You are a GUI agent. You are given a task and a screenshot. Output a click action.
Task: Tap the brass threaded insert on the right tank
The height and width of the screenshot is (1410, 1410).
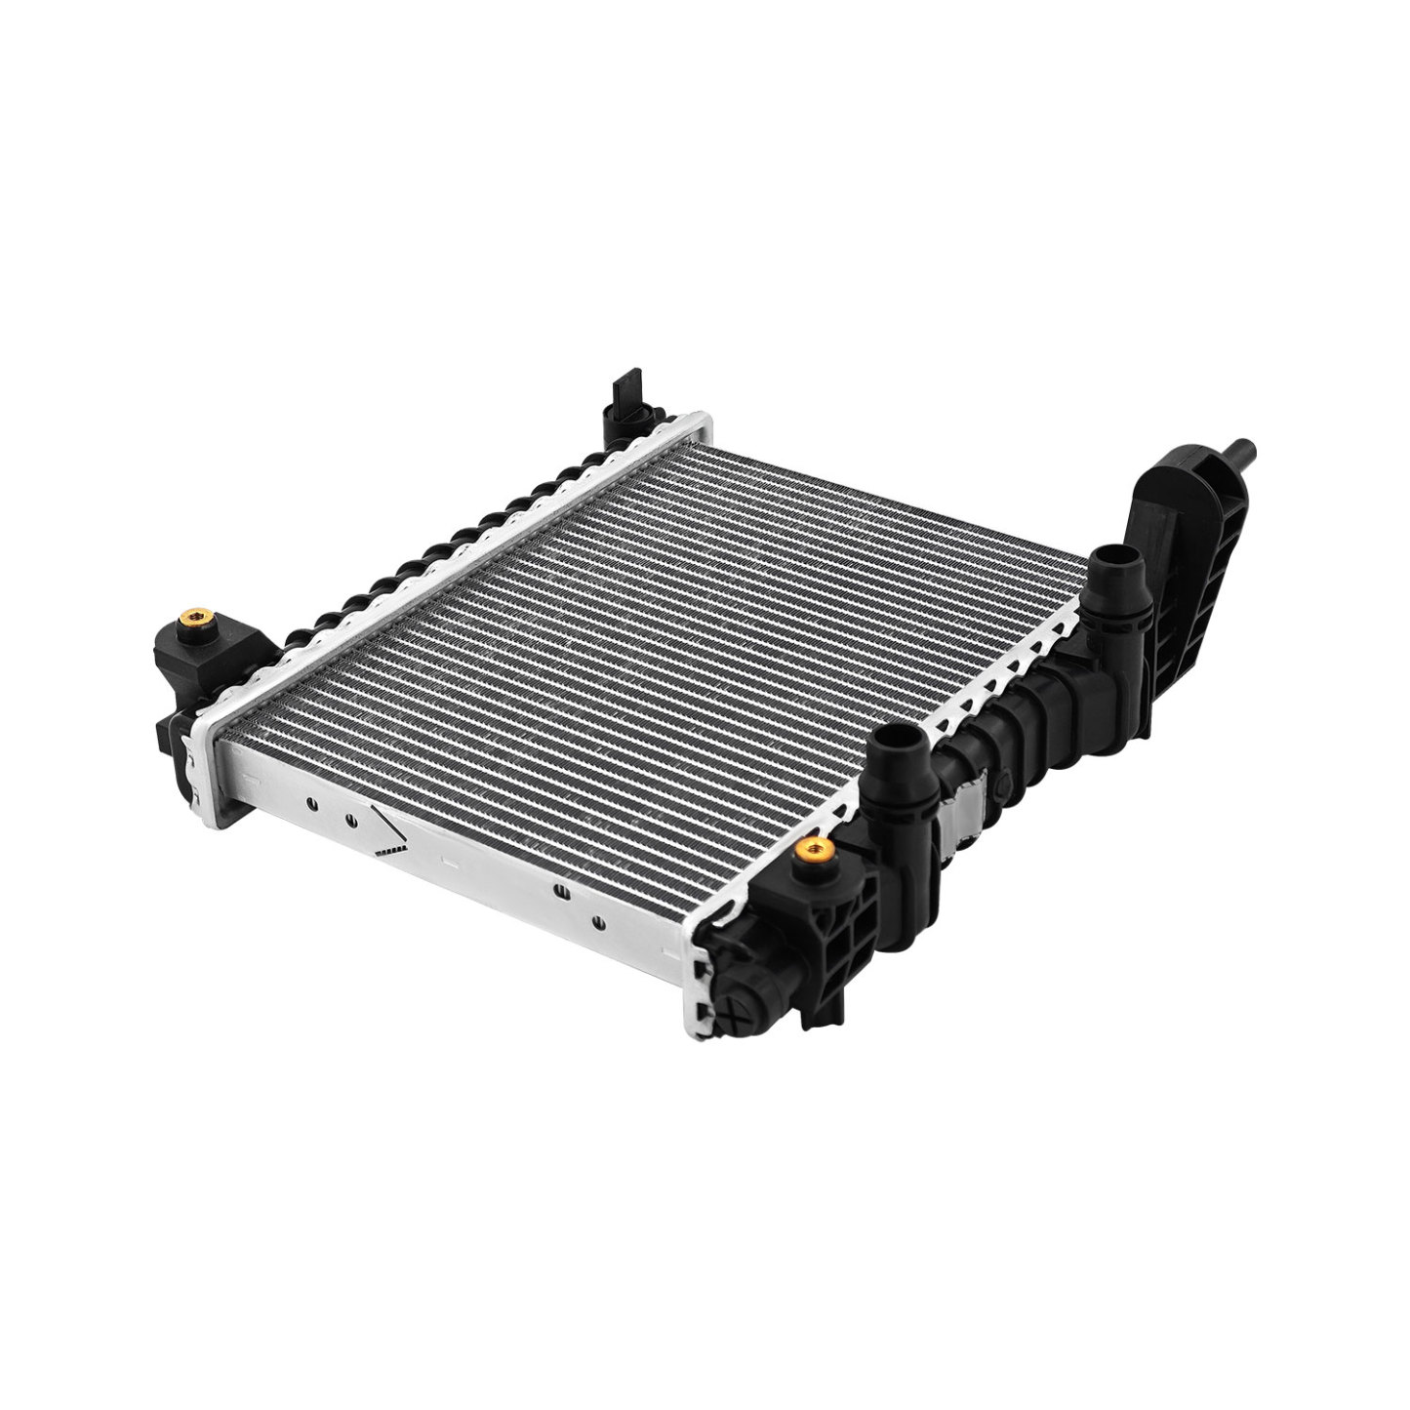tap(814, 851)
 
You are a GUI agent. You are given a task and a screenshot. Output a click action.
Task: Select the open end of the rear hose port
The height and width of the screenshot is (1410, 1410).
tap(1109, 559)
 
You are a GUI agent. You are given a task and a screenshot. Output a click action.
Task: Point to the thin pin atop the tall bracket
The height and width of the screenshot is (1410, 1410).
tap(1242, 453)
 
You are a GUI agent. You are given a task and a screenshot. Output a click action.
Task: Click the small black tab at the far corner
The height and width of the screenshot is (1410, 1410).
tap(624, 394)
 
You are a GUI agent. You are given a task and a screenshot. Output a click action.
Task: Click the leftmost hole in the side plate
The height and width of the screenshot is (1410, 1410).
tap(310, 804)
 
